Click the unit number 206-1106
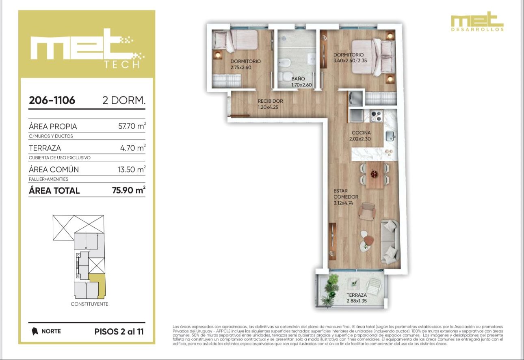[x=52, y=100]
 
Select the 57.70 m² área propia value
[x=132, y=126]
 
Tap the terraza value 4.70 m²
[x=133, y=147]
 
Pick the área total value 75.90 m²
[x=129, y=190]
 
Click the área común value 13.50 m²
[x=132, y=169]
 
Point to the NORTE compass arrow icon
[x=35, y=331]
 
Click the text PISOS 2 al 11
[x=119, y=332]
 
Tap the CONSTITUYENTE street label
[x=89, y=304]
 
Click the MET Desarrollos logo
[x=477, y=21]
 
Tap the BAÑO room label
[x=298, y=79]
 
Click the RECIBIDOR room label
[x=270, y=101]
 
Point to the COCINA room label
[x=361, y=133]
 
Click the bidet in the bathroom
[x=284, y=63]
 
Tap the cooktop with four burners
[x=377, y=116]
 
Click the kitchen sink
[x=390, y=136]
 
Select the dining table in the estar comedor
[x=375, y=175]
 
